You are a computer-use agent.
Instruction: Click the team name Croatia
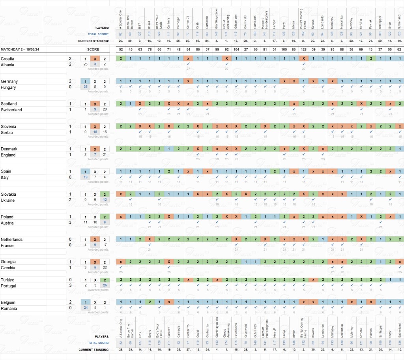click(x=9, y=58)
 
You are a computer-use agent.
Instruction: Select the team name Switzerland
click(x=11, y=110)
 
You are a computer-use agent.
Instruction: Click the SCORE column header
click(x=93, y=49)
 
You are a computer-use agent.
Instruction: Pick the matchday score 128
click(x=304, y=49)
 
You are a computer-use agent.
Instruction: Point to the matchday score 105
click(x=284, y=49)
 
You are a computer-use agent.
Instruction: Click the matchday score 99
click(x=217, y=49)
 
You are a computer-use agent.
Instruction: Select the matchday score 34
click(x=275, y=49)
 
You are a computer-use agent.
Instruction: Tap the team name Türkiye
click(x=8, y=279)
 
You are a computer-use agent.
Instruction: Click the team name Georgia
click(x=9, y=262)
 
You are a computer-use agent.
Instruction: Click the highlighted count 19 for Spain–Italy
click(x=85, y=178)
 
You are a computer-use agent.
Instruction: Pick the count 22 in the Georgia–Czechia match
click(x=105, y=268)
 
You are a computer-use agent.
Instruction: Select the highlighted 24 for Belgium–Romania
click(x=85, y=308)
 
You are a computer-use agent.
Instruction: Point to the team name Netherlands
click(x=11, y=239)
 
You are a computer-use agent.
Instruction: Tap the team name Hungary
click(x=9, y=87)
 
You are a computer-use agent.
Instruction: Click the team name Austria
click(x=8, y=223)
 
